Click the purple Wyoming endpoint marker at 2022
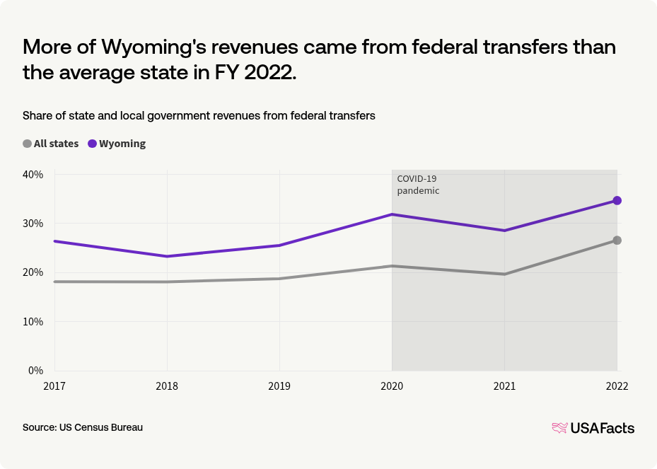(617, 201)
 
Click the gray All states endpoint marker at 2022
(617, 241)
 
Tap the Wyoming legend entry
(117, 144)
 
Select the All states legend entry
(51, 144)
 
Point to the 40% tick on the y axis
(33, 175)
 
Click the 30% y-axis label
(33, 224)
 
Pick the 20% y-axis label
(33, 272)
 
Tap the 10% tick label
(33, 322)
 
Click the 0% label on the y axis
(35, 371)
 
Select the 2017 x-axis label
(54, 387)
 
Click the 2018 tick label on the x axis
(167, 387)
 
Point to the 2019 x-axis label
(279, 387)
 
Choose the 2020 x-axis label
(392, 387)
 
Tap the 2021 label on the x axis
(504, 387)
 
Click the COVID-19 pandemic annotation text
(418, 185)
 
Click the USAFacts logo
(593, 428)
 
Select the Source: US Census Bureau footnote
(83, 428)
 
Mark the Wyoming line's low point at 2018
(167, 256)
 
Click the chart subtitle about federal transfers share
(199, 115)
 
